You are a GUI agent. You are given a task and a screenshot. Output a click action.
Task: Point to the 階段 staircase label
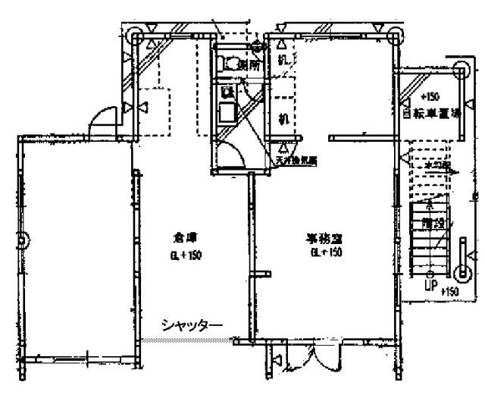coord(433,224)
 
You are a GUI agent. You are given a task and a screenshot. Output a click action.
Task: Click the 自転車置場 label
coord(432,114)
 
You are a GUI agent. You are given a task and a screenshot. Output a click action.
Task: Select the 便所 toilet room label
coord(249,66)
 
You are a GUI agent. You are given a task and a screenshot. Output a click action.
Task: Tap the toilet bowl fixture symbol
coord(230,64)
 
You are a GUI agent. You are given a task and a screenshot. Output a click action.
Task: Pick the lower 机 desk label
coord(282,119)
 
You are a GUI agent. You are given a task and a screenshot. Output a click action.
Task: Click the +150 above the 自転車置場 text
coord(429,98)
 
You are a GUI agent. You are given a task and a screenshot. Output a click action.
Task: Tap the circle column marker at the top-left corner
coord(137,34)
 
